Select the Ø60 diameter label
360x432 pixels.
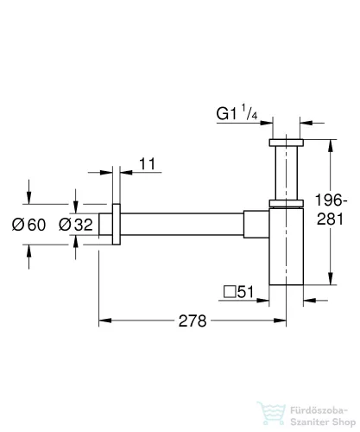coord(28,226)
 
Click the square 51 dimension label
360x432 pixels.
coord(237,294)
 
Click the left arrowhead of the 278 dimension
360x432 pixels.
coord(104,321)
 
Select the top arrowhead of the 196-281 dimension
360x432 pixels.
coord(330,143)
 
